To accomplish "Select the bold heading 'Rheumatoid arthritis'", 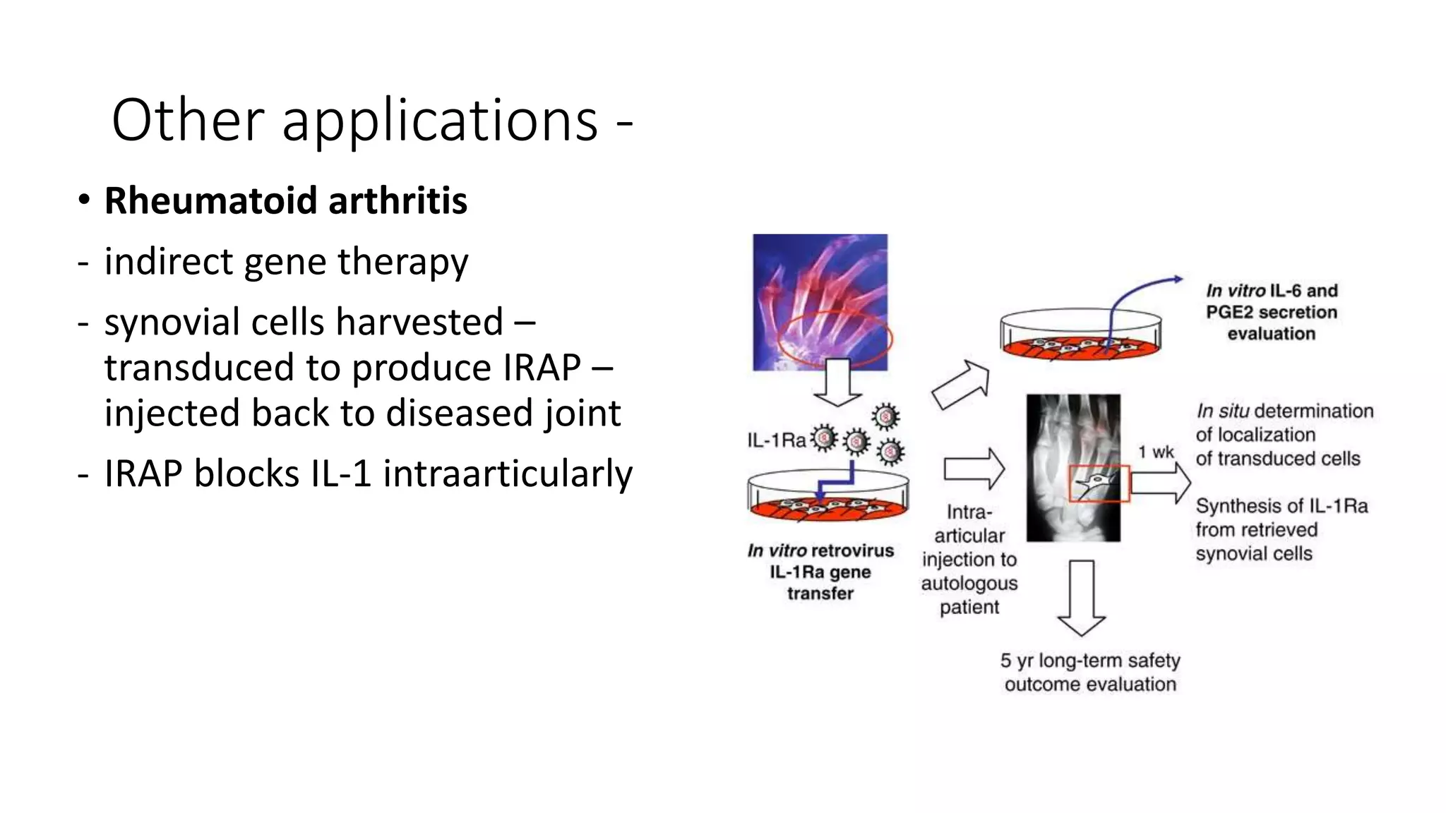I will click(285, 200).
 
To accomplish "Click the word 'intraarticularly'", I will click(507, 474).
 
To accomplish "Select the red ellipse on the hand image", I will click(835, 339).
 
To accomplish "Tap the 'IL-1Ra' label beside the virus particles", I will click(776, 441).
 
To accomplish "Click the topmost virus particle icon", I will click(885, 416).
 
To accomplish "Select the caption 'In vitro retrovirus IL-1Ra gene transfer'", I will click(820, 572).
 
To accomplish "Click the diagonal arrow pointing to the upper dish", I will click(961, 385).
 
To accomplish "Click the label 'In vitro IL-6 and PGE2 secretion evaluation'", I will click(1272, 312).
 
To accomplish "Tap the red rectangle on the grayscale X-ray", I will click(1099, 484).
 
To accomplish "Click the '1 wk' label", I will click(1155, 452).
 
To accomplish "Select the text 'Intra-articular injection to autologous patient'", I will click(969, 560).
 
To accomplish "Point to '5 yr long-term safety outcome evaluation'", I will click(1090, 673).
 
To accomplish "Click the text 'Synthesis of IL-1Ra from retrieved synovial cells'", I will click(1281, 530).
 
